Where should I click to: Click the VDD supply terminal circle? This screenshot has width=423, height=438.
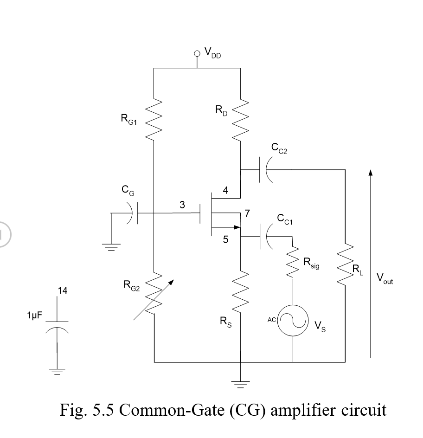click(197, 54)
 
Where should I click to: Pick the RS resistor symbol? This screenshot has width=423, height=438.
click(240, 288)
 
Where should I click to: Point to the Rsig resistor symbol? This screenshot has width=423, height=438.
click(293, 263)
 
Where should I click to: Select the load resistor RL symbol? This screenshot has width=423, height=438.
click(345, 266)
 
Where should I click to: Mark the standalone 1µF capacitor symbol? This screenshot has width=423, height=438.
click(57, 325)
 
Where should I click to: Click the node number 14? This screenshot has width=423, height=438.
click(63, 291)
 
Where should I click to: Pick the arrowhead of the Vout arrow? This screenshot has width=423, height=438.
click(370, 173)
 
